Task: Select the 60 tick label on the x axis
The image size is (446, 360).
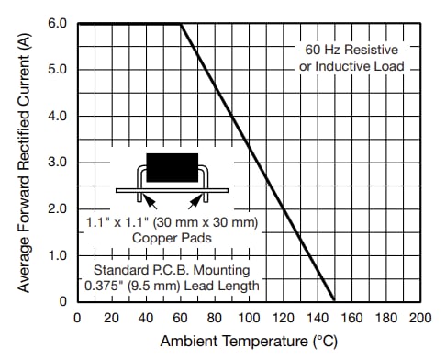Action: [x=180, y=317]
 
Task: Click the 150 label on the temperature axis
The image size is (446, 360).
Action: [x=334, y=317]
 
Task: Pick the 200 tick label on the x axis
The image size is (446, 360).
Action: [x=419, y=317]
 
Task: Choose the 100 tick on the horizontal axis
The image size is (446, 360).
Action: [x=248, y=317]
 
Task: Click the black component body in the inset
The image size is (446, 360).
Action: [x=173, y=167]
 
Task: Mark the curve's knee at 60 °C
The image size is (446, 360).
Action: [x=180, y=24]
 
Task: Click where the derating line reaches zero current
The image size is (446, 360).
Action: [x=334, y=301]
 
